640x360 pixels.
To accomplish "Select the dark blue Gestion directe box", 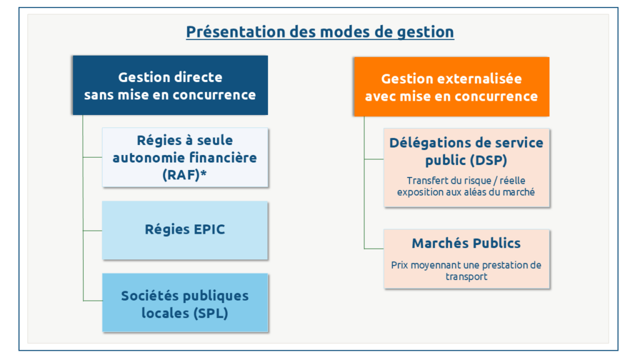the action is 170,85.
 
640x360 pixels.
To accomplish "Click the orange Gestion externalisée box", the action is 451,87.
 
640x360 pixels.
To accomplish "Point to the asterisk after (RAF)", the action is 203,172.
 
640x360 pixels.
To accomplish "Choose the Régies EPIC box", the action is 185,230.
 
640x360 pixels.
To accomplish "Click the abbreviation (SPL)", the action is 211,314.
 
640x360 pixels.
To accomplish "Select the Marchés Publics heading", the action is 466,243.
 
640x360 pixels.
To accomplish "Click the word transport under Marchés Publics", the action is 466,277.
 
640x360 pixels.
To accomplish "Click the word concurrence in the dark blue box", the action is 214,95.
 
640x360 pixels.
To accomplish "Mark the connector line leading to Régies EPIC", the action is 92,231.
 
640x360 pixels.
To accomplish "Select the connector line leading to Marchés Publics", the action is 374,249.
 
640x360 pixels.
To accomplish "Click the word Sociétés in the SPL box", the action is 147,296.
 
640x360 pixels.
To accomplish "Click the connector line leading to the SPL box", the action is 92,301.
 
